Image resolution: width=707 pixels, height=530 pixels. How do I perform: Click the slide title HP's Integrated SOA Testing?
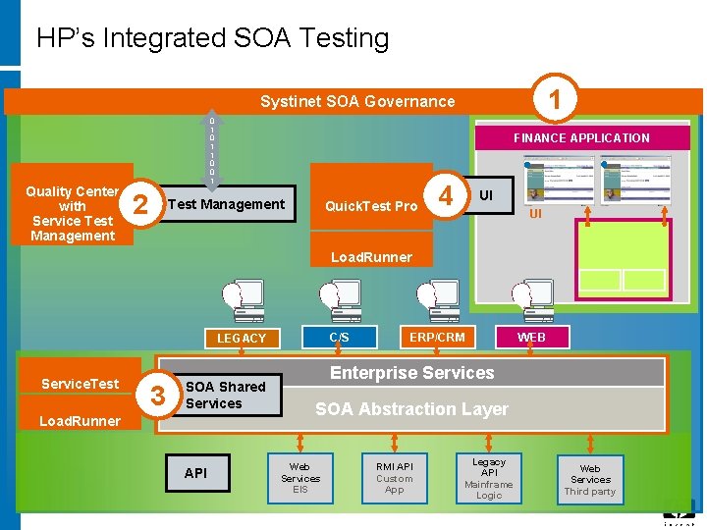pos(212,38)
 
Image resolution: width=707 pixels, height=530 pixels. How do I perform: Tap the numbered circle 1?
pos(555,99)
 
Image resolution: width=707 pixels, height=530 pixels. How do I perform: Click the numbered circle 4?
pos(447,197)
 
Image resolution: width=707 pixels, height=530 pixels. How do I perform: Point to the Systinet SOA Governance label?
pos(356,101)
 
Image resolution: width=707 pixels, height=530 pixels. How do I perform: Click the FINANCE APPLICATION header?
pos(581,137)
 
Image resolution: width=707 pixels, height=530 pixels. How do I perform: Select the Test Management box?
pos(227,204)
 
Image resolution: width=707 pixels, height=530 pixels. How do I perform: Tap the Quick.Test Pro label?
pos(371,206)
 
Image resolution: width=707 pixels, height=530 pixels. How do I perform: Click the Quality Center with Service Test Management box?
pos(73,213)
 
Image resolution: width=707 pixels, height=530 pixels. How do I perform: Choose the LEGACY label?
pos(241,338)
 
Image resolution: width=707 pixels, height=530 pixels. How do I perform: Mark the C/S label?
pos(339,337)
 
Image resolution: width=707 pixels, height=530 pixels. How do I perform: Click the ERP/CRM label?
pos(437,337)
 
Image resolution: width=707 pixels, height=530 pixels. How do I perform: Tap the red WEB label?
pos(531,337)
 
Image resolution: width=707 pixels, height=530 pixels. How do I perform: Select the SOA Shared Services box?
pos(226,395)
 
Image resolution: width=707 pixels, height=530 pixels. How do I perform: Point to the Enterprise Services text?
pos(411,373)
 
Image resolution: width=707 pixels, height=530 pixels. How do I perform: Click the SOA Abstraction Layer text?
pos(411,409)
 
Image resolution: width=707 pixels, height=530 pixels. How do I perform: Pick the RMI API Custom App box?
pos(394,478)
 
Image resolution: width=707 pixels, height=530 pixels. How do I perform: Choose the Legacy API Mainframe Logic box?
pos(489,478)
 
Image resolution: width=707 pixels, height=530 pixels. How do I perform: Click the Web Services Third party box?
pos(589,480)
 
